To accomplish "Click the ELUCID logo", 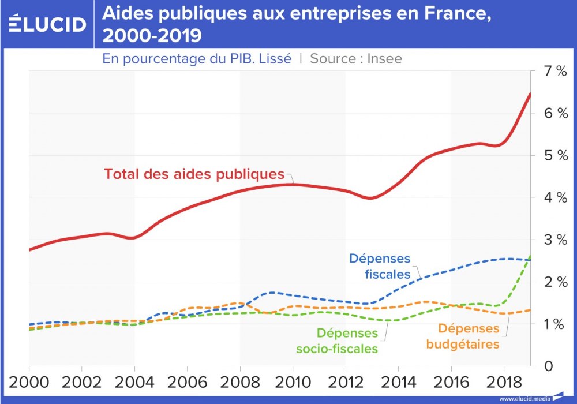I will point(47,24).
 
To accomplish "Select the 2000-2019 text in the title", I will point(152,36).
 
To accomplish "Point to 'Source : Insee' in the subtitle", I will point(356,58).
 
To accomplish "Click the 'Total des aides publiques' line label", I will point(194,174).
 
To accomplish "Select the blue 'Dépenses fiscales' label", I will point(379,266).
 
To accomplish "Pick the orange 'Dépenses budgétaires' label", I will point(462,336).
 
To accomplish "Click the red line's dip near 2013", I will point(370,198).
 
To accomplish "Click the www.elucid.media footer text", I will point(524,398).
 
